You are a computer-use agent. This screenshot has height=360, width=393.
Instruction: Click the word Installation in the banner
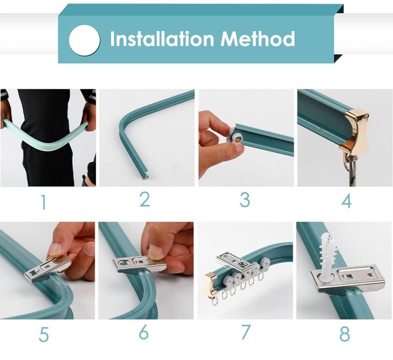(162, 39)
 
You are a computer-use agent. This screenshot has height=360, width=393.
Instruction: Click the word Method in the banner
(258, 39)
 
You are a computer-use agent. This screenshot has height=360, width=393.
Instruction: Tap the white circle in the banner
(84, 40)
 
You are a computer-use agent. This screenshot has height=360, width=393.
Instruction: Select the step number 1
(44, 202)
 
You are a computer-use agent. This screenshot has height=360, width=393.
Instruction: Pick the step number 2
(144, 199)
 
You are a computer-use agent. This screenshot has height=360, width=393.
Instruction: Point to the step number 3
(245, 200)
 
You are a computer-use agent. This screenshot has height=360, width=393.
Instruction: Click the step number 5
(44, 335)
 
